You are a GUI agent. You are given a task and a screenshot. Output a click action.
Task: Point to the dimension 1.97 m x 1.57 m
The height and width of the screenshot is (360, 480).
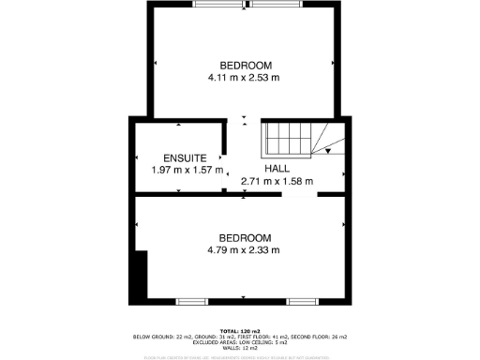[x=187, y=171]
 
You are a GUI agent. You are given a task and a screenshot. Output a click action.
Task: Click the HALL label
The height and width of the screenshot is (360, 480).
[x=277, y=168]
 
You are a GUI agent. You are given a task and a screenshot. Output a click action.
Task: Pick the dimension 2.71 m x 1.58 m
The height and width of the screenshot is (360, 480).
[x=277, y=181]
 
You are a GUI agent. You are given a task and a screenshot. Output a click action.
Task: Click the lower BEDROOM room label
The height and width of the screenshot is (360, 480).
[x=245, y=237]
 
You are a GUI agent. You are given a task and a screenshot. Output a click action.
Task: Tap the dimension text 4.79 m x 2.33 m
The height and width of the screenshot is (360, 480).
[x=245, y=250]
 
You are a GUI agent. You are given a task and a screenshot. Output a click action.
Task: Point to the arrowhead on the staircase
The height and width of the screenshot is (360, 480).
[x=328, y=149]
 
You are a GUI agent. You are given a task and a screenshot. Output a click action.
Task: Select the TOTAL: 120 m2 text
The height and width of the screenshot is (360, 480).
[x=240, y=331]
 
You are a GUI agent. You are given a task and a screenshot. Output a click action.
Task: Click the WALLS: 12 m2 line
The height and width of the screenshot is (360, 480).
[x=240, y=348]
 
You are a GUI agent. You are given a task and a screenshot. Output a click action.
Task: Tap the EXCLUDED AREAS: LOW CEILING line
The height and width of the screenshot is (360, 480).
[x=240, y=342]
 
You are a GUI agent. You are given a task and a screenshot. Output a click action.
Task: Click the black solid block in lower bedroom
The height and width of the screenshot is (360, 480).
[x=140, y=277]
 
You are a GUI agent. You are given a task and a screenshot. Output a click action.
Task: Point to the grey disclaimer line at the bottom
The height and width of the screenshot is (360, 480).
[x=240, y=357]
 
